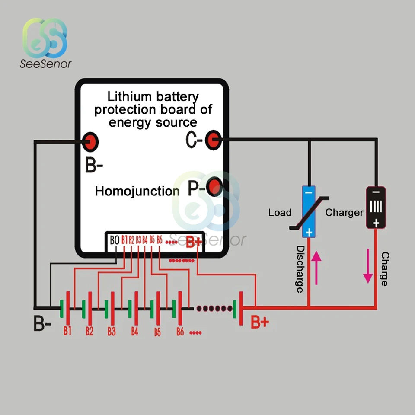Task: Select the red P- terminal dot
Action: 214,187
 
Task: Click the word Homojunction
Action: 137,191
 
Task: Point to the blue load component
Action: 309,211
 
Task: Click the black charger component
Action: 376,207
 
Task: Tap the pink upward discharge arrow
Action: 316,268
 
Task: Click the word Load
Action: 280,213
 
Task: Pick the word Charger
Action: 344,213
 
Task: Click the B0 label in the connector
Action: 114,240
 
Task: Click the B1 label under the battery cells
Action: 67,332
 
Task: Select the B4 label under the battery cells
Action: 134,332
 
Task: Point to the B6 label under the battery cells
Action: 180,332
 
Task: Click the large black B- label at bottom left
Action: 42,324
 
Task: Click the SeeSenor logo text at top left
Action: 46,64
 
